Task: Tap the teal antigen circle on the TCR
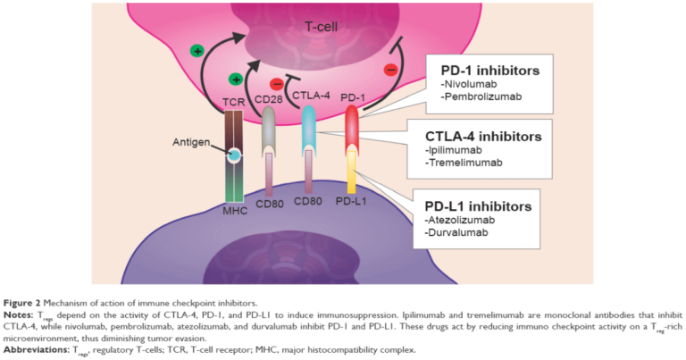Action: [233, 155]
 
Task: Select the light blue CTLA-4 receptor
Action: [309, 130]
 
